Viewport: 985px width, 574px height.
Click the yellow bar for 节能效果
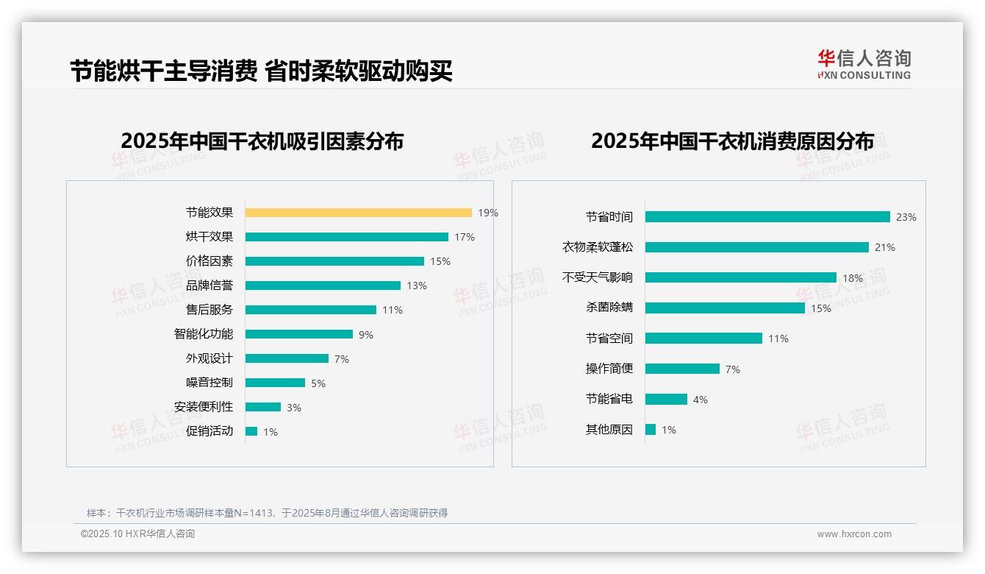358,213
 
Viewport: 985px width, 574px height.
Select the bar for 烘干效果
346,237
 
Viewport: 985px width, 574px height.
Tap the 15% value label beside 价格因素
440,261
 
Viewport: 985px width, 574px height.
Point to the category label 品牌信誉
209,286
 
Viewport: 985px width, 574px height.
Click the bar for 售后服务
310,310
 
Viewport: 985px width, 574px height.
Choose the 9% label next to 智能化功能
365,335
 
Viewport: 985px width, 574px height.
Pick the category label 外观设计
209,358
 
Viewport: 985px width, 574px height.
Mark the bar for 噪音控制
275,383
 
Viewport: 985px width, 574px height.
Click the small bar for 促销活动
251,431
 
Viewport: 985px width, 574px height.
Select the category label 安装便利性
203,407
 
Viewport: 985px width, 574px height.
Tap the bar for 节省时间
767,217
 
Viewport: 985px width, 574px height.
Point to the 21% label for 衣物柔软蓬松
884,248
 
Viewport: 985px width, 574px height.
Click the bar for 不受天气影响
740,277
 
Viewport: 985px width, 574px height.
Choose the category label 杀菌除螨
609,308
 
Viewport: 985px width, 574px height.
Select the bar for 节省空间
703,339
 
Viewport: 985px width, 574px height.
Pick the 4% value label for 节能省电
700,400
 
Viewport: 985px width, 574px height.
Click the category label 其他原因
609,430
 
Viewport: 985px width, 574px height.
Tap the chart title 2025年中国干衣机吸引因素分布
262,141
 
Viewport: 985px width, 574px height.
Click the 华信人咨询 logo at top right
864,64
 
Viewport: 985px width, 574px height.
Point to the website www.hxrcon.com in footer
853,534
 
